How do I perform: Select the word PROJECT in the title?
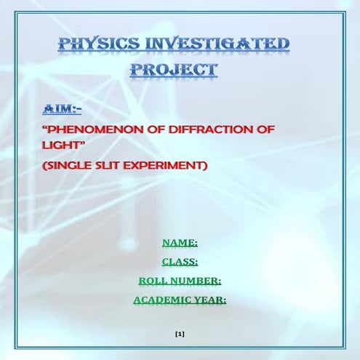(174, 71)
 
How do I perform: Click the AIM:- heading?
(63, 108)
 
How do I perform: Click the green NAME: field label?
(180, 243)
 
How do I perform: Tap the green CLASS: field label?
(180, 262)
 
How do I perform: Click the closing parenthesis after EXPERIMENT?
(206, 166)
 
